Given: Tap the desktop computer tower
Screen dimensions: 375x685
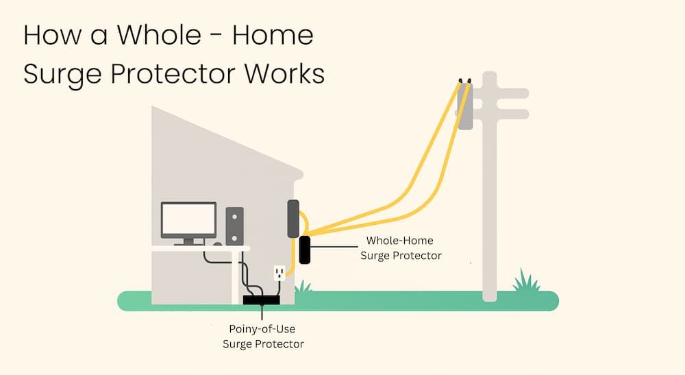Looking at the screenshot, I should (x=235, y=225).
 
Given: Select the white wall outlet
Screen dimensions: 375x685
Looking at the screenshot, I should (x=279, y=274).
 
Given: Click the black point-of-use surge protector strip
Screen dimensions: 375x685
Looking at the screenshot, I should (x=262, y=299).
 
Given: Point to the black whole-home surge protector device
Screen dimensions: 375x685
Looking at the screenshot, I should (x=304, y=250).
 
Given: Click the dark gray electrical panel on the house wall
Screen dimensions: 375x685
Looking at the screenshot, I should (x=293, y=219).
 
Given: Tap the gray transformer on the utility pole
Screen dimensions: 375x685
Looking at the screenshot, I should (x=466, y=106).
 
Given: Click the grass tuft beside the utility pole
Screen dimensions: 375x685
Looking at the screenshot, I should (x=525, y=281).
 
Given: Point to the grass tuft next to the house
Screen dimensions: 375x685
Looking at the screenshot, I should (x=302, y=286).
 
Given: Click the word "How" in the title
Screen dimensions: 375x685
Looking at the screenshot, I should (x=47, y=36).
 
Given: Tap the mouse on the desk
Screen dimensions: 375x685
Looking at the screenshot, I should (x=217, y=243).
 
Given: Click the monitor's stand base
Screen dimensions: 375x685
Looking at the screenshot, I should (x=188, y=243).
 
